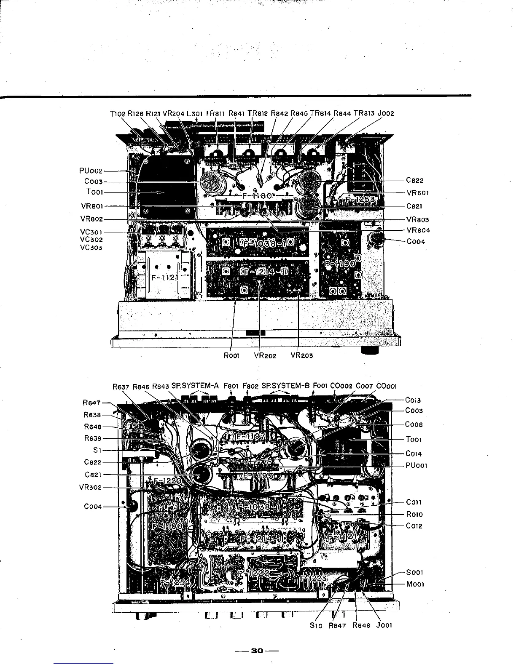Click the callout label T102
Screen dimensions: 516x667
pos(118,113)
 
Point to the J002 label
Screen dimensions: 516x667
pos(386,113)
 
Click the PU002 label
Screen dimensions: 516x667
pos(91,171)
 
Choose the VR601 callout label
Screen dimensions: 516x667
pos(418,193)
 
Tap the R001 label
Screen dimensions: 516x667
pos(232,355)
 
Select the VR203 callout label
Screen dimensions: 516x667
pos(302,355)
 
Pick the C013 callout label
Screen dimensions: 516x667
pos(413,400)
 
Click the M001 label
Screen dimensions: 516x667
pos(415,584)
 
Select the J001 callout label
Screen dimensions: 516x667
pos(384,625)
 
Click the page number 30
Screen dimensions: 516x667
pos(257,651)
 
